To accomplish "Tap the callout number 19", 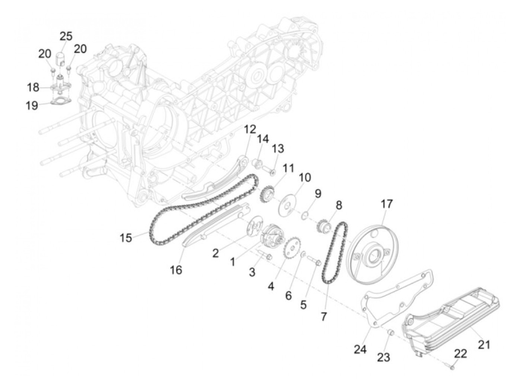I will pos(32,105).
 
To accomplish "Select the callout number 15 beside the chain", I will pos(126,238).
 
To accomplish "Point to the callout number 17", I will pos(386,204).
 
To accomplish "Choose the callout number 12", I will pos(250,129).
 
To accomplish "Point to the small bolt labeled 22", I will pos(452,367).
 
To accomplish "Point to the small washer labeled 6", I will pos(303,254).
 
